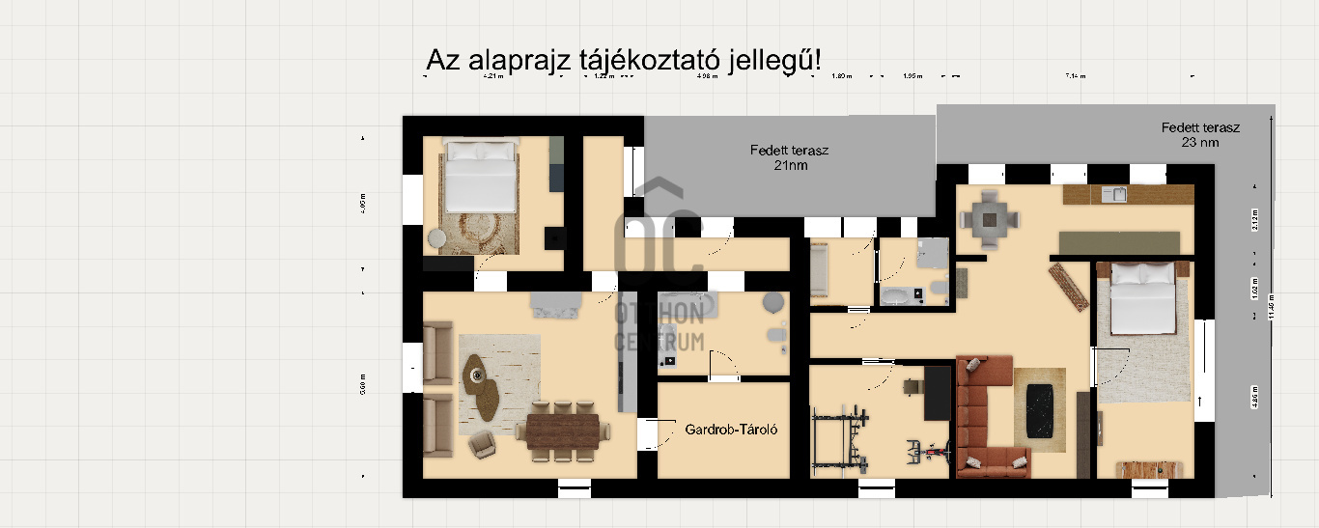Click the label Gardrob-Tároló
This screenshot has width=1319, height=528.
pos(731,429)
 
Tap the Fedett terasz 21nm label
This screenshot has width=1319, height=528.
pos(790,157)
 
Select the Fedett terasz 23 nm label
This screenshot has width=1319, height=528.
pos(1200,134)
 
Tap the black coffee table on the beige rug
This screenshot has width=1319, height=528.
pos(1039,408)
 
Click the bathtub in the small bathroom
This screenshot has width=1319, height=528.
pos(898,293)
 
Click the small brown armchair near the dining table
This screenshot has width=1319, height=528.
pos(481,444)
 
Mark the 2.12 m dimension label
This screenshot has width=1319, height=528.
pos(1255,220)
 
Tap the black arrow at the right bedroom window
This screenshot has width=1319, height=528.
pos(1200,399)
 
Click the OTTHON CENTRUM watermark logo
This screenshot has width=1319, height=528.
pos(661,280)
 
